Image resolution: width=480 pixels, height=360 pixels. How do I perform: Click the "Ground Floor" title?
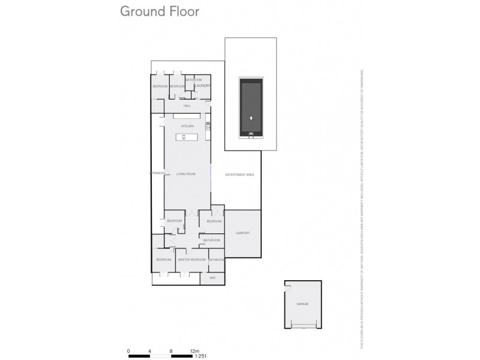tap(160, 11)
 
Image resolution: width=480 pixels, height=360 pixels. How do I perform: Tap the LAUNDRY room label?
tap(202, 86)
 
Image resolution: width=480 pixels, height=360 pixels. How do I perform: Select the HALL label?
tap(187, 106)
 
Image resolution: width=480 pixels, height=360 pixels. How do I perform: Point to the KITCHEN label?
tap(188, 126)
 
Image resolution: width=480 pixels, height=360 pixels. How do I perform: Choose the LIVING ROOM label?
tap(186, 174)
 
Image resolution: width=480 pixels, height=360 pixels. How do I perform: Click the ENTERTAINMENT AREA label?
tap(239, 175)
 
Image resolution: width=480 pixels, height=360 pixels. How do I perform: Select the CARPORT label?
tap(242, 233)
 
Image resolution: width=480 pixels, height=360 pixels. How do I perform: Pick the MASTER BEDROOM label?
tap(192, 260)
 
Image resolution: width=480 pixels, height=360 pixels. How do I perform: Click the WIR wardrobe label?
tap(212, 278)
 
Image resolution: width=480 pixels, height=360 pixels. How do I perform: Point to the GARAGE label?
tap(302, 304)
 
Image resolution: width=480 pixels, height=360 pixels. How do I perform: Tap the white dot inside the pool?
tap(250, 118)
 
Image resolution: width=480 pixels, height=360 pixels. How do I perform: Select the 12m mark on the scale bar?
tap(194, 349)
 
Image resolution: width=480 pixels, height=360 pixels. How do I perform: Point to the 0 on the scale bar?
tap(128, 349)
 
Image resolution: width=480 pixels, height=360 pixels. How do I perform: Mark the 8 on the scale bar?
tap(172, 349)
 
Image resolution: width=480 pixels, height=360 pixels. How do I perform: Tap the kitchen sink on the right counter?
tap(208, 126)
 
